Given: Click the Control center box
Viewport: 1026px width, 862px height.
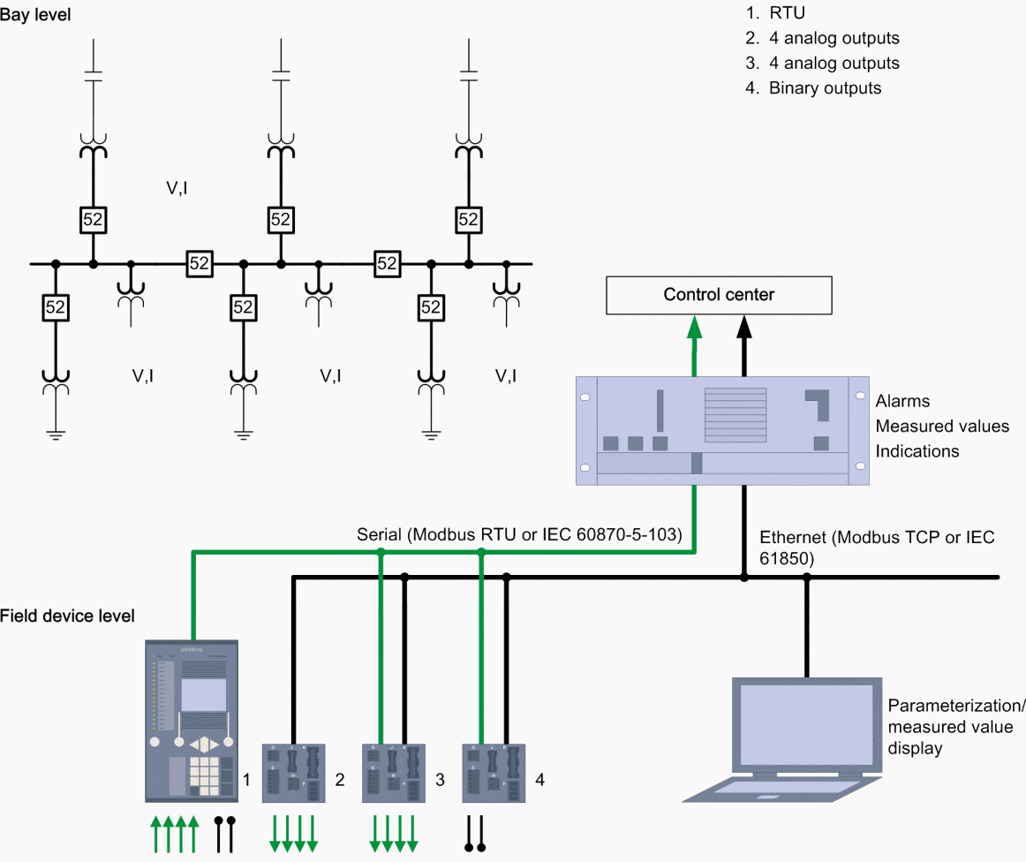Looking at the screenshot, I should (719, 295).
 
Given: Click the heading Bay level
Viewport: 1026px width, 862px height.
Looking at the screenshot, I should (36, 15).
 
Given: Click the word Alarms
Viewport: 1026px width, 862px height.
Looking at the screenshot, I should (902, 401).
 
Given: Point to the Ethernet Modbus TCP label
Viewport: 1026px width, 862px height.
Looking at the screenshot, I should (876, 548).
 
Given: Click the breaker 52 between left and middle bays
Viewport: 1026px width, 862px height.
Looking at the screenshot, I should (200, 263).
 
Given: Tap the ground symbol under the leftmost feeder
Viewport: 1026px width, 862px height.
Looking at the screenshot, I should (55, 433).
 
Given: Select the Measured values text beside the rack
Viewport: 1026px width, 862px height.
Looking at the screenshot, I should (942, 427).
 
